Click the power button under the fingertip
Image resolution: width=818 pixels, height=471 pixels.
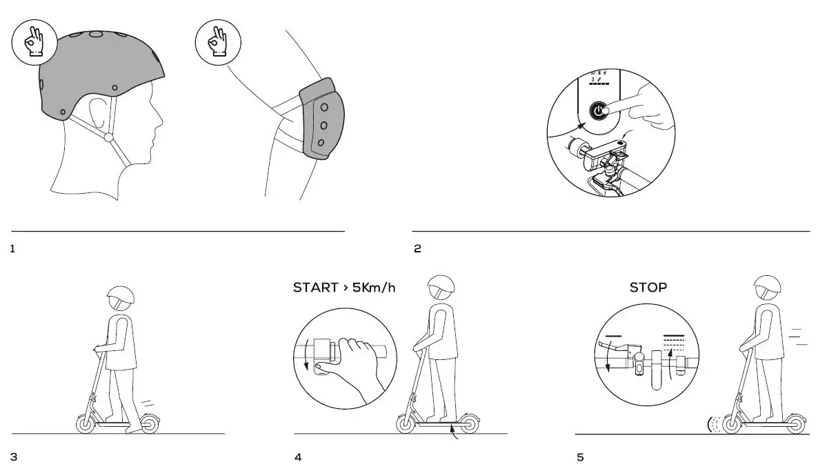597,111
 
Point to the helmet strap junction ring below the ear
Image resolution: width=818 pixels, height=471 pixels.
108,137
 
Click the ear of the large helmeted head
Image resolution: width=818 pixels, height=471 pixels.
99,112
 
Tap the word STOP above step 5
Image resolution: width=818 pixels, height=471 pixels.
648,287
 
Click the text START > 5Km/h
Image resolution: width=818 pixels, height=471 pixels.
344,287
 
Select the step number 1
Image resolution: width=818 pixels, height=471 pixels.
13,249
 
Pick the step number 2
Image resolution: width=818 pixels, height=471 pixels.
417,249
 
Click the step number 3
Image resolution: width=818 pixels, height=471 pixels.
14,457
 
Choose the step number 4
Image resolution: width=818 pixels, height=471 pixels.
298,457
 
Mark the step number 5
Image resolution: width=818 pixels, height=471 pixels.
579,457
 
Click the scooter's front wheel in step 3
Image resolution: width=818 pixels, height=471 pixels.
86,424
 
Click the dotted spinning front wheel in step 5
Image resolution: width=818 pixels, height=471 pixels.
718,424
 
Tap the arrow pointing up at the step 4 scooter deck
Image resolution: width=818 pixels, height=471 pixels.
452,432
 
